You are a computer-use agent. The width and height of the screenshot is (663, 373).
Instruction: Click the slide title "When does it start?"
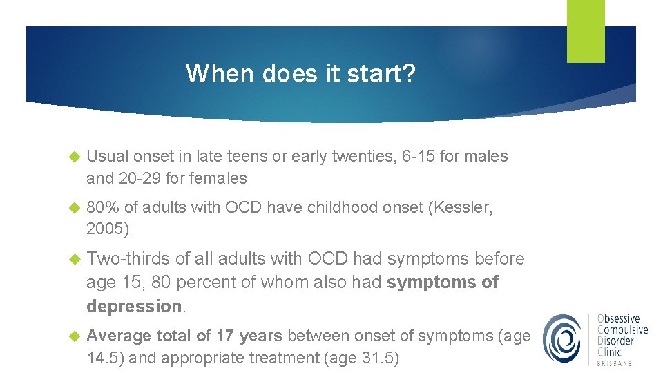pyautogui.click(x=301, y=73)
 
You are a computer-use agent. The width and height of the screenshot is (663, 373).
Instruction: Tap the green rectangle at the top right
pyautogui.click(x=586, y=31)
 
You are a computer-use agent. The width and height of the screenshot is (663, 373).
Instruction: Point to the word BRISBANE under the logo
pyautogui.click(x=615, y=363)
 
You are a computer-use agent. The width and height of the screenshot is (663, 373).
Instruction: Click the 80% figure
pyautogui.click(x=102, y=207)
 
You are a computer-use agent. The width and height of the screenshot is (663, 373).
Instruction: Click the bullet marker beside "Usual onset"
pyautogui.click(x=76, y=157)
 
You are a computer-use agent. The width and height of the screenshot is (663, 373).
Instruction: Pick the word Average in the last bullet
pyautogui.click(x=119, y=336)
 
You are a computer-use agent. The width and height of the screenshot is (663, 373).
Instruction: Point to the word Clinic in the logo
pyautogui.click(x=610, y=352)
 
